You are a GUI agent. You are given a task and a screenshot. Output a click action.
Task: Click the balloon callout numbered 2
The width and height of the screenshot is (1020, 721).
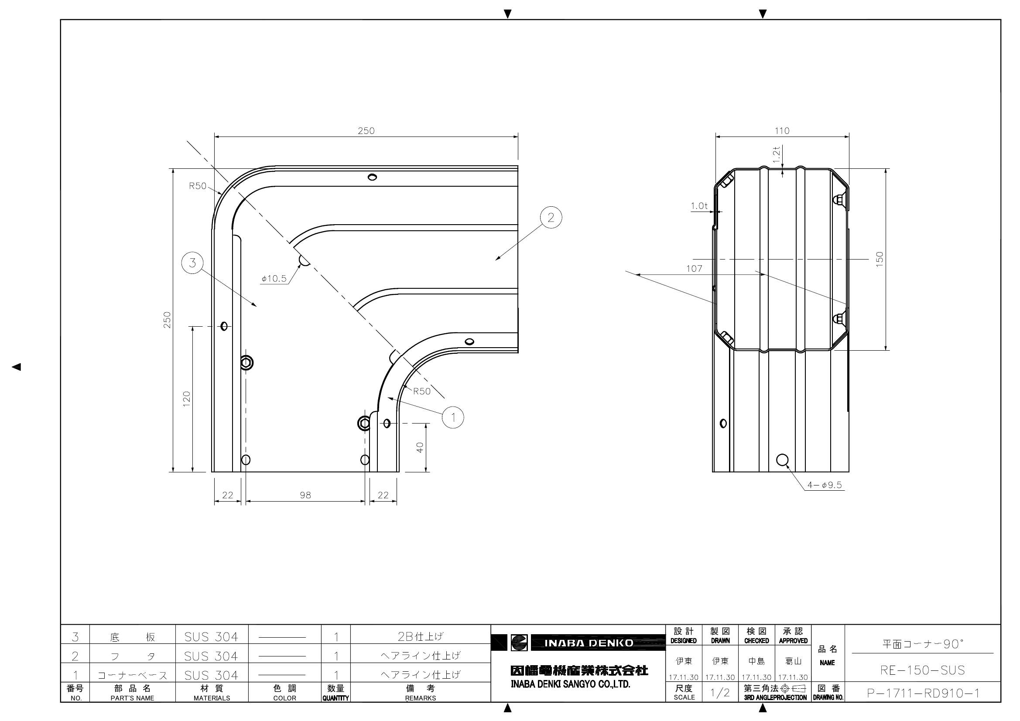pos(551,218)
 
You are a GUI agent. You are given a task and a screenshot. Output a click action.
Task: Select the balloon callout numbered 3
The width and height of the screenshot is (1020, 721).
pos(192,263)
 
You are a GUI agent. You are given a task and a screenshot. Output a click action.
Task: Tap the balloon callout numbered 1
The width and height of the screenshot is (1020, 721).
pos(453,417)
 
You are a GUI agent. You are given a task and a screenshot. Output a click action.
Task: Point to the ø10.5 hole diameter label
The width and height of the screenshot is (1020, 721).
pos(274,279)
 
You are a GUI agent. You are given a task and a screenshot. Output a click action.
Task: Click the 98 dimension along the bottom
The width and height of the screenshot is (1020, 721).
pos(305,495)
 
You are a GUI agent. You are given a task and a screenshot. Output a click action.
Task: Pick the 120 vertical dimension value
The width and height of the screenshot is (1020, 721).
pos(186,397)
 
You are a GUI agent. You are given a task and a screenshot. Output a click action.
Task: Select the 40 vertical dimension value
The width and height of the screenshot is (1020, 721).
pos(420,448)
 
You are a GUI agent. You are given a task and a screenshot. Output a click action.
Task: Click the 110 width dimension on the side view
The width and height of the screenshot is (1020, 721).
pos(782,130)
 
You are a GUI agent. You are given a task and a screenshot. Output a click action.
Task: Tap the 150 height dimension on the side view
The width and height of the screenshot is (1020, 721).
pos(880,259)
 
